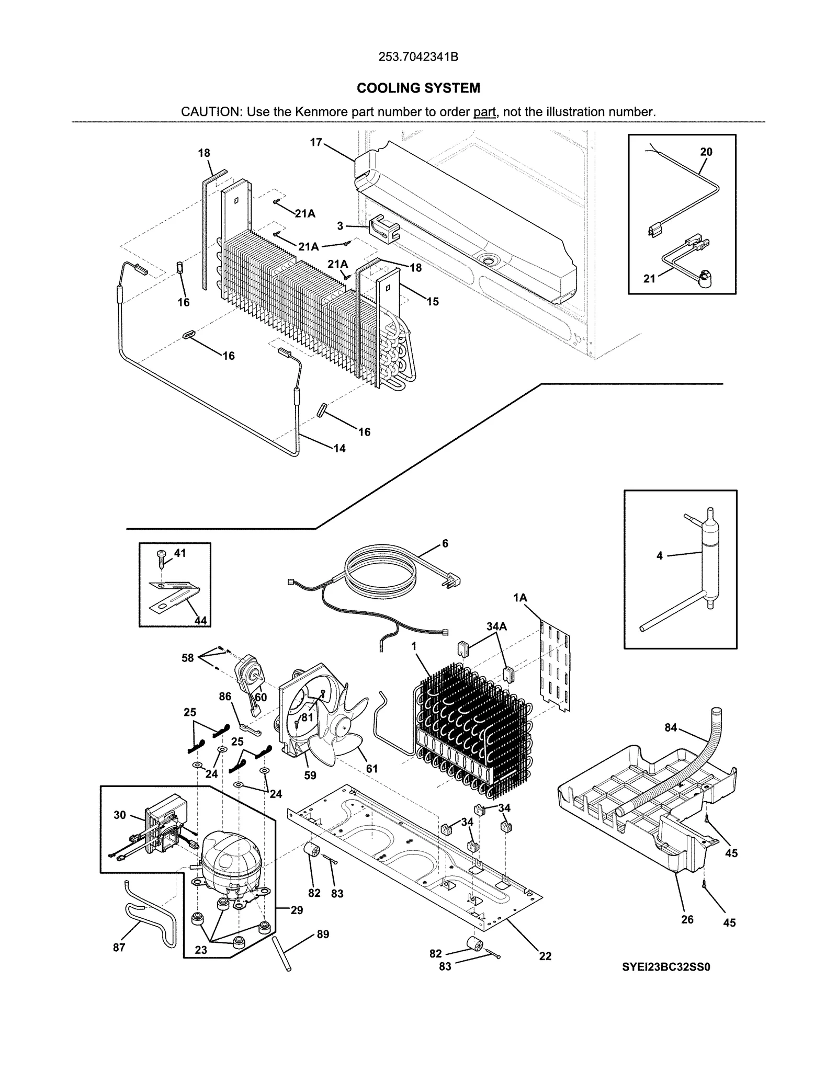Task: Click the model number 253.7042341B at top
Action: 418,57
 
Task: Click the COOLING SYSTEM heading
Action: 418,88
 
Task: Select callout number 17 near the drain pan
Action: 315,142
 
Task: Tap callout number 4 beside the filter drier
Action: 659,556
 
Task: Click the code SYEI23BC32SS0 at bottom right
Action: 666,967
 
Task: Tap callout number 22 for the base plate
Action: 545,956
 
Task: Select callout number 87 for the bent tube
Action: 119,948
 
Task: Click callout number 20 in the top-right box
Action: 706,152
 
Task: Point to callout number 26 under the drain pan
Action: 687,919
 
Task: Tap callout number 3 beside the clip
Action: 340,226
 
